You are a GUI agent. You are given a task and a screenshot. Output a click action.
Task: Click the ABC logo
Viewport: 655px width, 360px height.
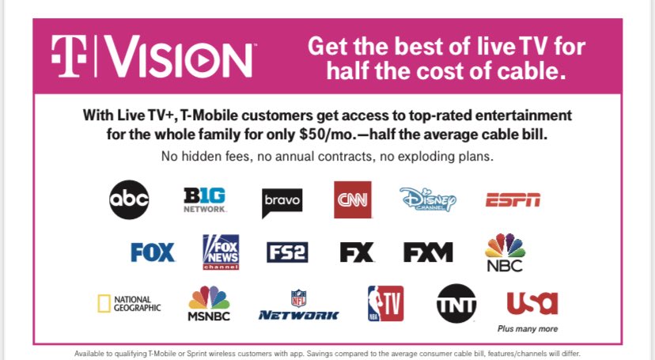129,199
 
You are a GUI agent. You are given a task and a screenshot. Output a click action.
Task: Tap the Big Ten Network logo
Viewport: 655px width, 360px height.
205,199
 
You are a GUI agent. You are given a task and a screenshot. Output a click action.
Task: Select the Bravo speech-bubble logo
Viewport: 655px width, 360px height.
282,201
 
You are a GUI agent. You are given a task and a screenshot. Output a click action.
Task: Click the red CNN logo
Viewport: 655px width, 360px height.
352,199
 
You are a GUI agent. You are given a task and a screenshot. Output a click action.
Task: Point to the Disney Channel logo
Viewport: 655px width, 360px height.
428,199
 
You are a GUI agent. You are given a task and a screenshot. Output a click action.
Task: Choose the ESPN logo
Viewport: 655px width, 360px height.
513,199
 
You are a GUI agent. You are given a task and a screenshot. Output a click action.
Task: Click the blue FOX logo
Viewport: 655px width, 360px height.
153,252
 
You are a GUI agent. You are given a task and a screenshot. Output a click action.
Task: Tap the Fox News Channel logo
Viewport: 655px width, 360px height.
220,252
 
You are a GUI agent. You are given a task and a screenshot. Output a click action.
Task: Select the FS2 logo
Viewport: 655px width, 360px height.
287,252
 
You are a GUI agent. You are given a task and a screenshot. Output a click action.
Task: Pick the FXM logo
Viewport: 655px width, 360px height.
428,252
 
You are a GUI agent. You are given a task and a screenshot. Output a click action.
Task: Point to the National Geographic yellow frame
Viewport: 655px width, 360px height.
103,304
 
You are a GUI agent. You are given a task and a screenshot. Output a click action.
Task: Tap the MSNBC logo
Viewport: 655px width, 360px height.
209,304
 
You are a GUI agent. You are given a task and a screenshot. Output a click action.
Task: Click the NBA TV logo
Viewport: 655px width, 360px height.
385,304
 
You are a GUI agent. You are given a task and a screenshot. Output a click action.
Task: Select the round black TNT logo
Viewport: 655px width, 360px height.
457,304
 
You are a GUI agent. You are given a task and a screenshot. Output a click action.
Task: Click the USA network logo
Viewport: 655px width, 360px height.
532,303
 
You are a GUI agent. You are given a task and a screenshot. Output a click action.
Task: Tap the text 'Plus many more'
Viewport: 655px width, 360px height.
528,328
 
